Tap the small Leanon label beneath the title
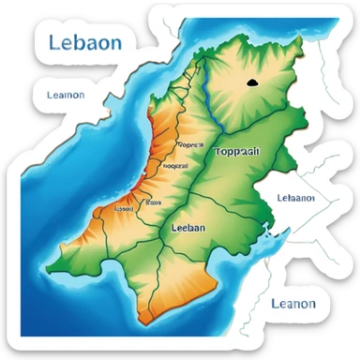(65, 95)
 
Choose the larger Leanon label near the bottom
(292, 303)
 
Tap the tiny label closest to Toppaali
(189, 145)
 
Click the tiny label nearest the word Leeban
(150, 201)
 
